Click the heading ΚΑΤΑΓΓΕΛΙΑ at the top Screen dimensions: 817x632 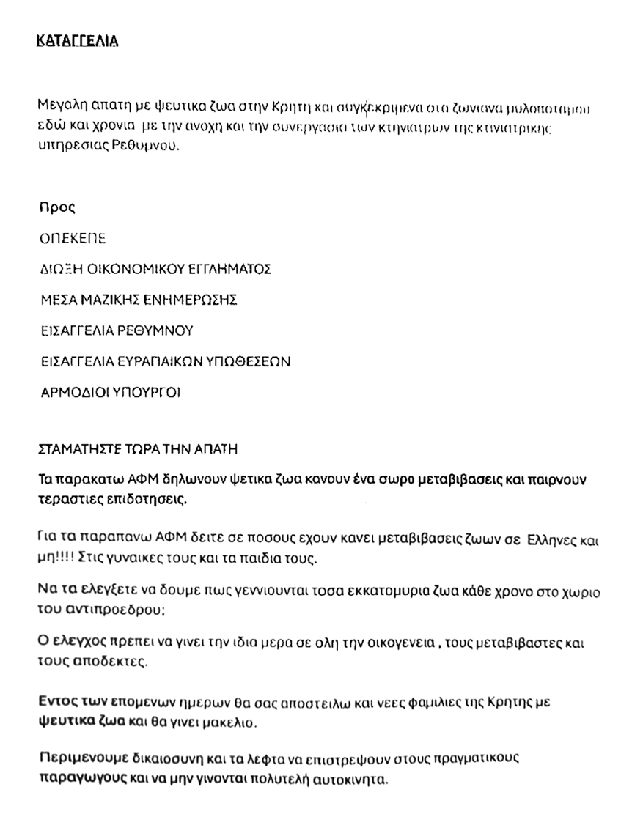pos(77,42)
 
